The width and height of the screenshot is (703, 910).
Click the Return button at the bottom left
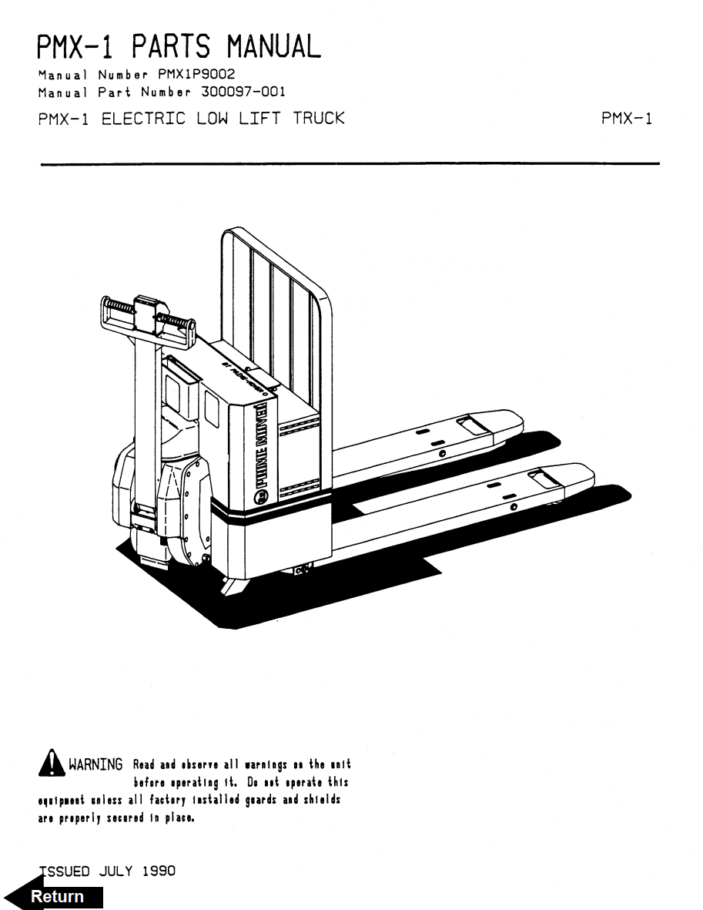tap(56, 897)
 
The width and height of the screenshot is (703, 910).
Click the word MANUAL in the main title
tap(273, 47)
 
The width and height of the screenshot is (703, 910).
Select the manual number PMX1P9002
tap(196, 75)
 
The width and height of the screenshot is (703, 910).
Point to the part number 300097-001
tap(243, 92)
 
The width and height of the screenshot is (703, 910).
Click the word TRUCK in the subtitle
tap(318, 119)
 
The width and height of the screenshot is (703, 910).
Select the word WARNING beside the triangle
tap(95, 765)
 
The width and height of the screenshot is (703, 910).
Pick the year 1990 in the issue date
tap(159, 871)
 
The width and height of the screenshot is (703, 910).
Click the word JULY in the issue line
tap(115, 871)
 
